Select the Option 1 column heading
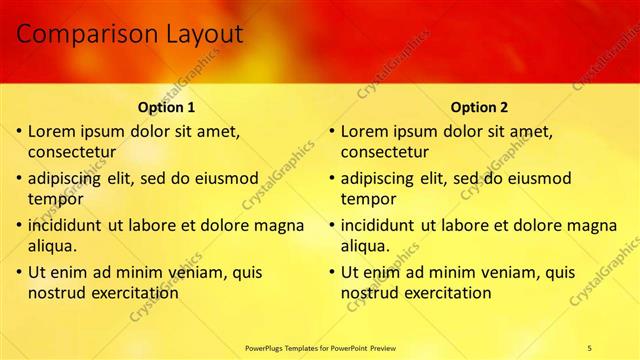click(166, 107)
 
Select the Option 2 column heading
click(479, 107)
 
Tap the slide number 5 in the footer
click(590, 347)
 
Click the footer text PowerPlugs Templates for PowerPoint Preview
click(319, 347)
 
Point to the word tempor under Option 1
click(55, 199)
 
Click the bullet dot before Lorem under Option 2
click(333, 131)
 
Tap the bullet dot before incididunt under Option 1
click(20, 225)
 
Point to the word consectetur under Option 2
click(384, 153)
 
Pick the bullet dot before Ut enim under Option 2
click(333, 272)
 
